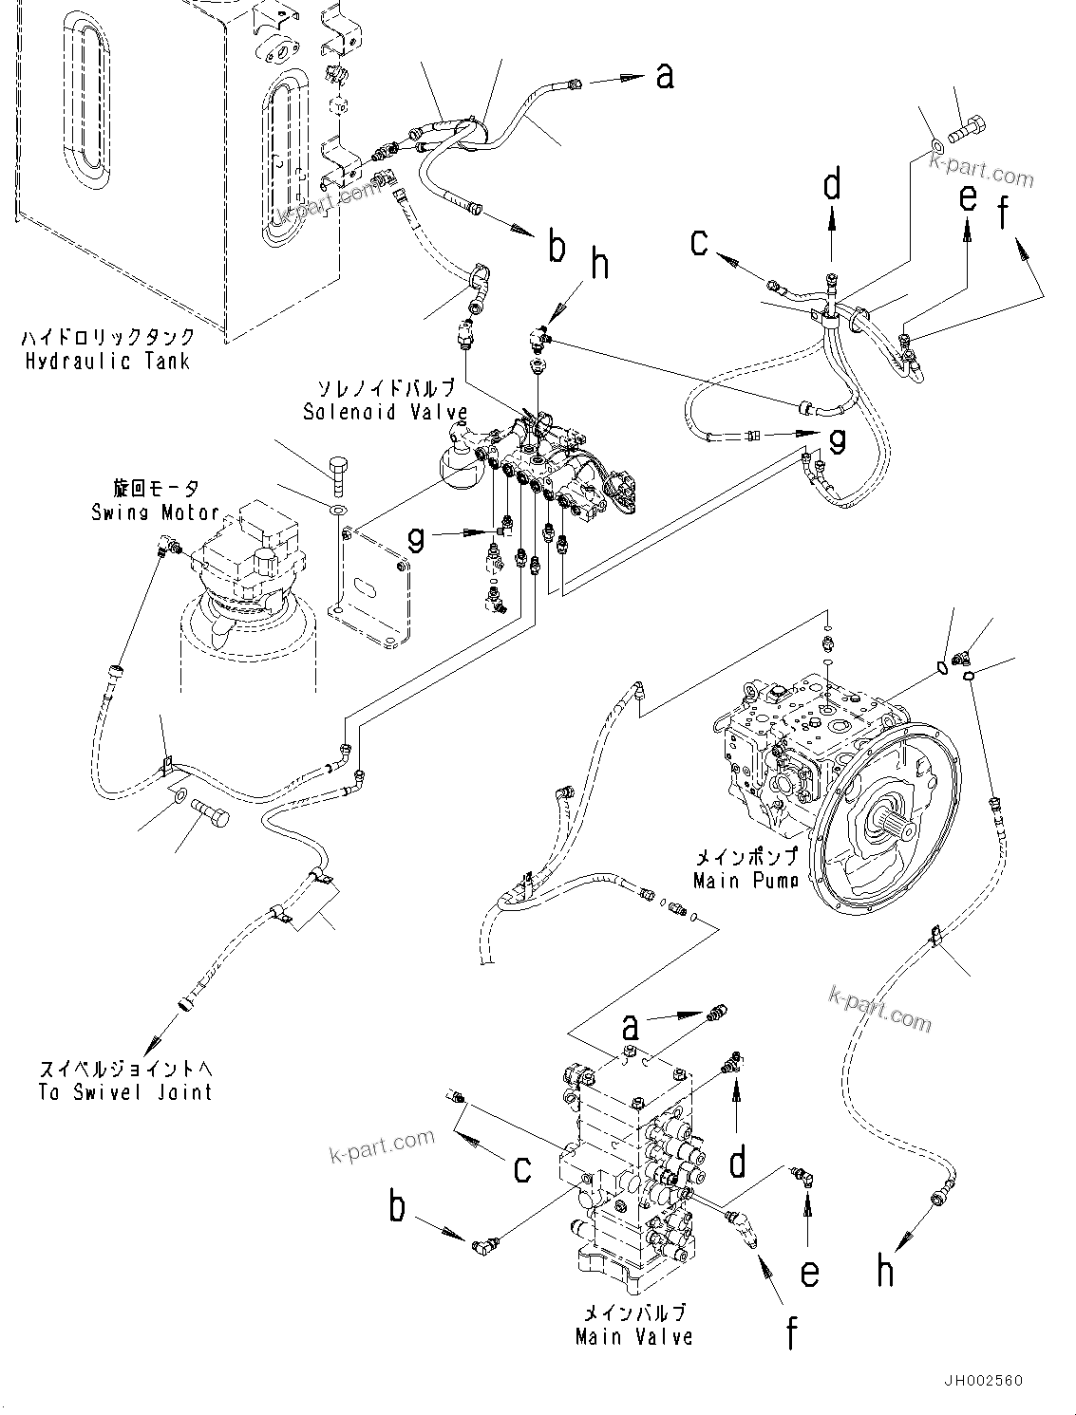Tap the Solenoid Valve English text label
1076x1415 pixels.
385,412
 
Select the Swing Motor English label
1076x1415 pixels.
155,512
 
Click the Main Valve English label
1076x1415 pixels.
633,1336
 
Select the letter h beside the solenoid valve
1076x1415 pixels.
600,264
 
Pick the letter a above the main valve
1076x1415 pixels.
630,1026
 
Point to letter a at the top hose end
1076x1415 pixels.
664,74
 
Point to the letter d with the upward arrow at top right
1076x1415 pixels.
832,185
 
